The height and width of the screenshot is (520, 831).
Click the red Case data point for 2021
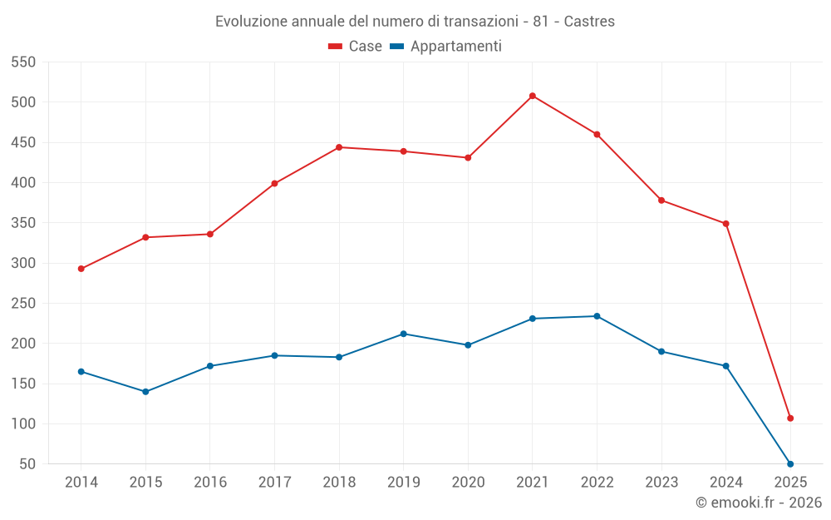point(533,96)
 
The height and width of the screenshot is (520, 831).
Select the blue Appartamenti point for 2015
point(145,391)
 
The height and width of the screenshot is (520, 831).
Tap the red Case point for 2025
point(790,418)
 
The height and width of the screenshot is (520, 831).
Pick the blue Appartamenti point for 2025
point(790,463)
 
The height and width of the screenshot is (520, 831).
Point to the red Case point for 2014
point(81,269)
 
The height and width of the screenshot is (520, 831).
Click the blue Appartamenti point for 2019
point(404,334)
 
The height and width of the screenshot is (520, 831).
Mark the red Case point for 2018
point(339,147)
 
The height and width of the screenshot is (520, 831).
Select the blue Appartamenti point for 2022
point(597,316)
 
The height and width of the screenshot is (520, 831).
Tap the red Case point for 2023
point(661,201)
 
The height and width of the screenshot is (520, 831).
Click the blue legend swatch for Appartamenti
point(396,47)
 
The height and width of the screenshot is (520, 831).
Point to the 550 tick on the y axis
point(23,62)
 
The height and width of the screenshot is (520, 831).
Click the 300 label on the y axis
point(23,263)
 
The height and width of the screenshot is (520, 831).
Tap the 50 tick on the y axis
point(27,464)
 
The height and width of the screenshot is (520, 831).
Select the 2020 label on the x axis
point(468,482)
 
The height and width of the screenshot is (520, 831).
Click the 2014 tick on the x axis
point(81,482)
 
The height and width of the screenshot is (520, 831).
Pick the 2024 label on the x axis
point(725,482)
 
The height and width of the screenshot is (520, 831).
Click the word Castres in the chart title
point(589,22)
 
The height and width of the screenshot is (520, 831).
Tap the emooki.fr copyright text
point(759,503)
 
